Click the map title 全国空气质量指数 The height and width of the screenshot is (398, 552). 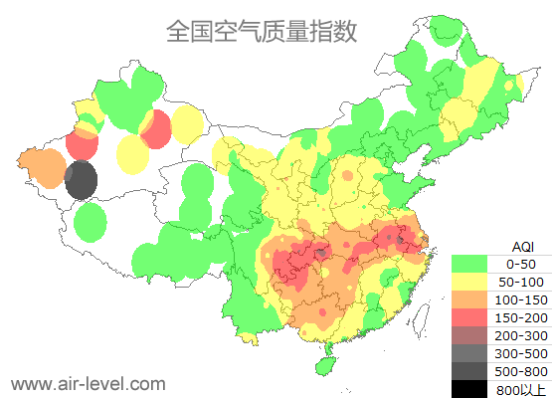pos(261,31)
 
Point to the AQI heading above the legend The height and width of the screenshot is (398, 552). pos(522,246)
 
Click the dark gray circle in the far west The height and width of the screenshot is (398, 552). pos(81,181)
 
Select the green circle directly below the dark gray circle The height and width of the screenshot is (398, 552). pos(91,222)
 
